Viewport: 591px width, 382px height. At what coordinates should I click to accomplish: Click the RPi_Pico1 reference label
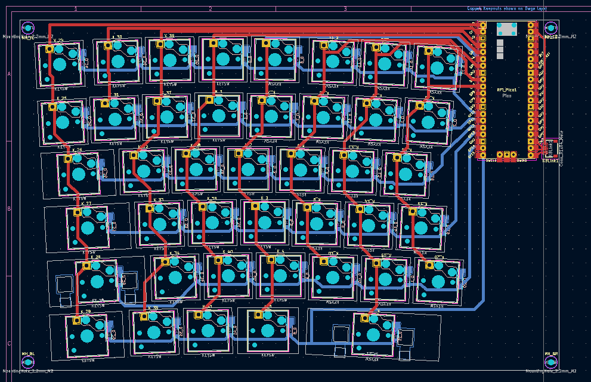point(506,90)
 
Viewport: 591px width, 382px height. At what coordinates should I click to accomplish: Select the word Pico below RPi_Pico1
point(506,95)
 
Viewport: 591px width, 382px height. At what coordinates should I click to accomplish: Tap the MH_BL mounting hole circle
point(28,362)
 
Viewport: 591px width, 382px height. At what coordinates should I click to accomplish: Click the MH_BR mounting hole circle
point(551,362)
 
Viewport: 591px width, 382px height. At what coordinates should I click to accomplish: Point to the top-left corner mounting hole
point(28,27)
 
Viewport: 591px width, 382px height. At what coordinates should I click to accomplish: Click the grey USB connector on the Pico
point(506,29)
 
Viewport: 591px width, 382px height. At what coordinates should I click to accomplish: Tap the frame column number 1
point(76,9)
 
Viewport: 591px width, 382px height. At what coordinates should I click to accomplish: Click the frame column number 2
point(211,9)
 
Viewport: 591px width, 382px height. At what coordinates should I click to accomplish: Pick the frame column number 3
point(345,9)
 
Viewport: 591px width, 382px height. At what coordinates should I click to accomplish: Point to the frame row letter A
point(9,74)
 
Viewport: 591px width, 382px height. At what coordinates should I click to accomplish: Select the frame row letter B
point(9,209)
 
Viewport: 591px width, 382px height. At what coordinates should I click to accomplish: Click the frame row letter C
point(9,344)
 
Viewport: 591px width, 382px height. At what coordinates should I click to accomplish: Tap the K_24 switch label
point(58,40)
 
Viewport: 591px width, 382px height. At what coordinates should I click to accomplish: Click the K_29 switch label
point(85,311)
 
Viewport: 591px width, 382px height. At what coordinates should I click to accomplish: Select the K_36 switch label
point(169,36)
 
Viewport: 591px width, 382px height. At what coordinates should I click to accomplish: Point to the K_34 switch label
point(174,253)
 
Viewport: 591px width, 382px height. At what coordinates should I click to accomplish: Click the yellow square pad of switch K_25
point(52,106)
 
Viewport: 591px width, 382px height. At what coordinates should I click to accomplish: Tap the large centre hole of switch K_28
point(97,281)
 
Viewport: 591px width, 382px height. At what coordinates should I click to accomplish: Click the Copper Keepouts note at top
point(507,9)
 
